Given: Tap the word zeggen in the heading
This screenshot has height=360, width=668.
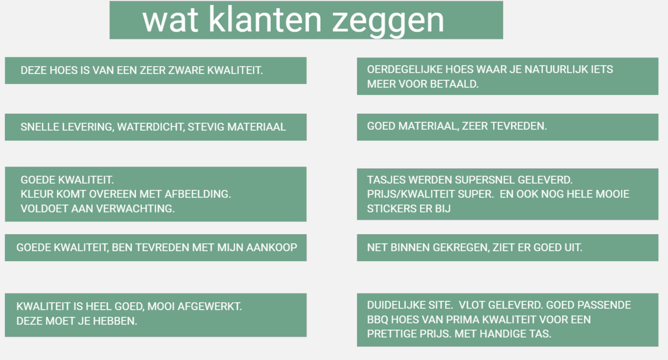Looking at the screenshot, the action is [388, 22].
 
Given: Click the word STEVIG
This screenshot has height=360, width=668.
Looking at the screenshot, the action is [206, 127].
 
